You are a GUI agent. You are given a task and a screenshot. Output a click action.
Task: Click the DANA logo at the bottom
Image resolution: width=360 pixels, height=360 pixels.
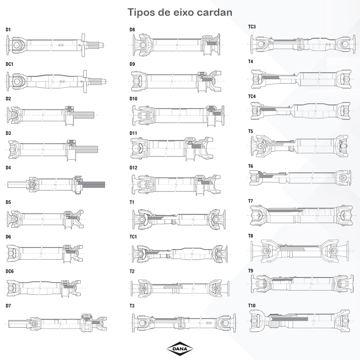click(x=180, y=348)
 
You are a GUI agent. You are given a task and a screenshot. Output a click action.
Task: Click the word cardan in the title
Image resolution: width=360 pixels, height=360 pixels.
click(x=215, y=12)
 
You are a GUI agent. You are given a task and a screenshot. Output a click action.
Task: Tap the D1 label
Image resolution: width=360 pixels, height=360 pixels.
click(x=8, y=30)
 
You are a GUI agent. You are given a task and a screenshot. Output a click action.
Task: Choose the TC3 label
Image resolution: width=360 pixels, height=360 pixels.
click(x=252, y=27)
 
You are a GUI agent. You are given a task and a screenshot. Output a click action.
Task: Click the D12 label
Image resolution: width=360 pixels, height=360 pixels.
click(x=134, y=168)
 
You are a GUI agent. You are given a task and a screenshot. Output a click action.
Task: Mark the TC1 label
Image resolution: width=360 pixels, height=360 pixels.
click(x=133, y=237)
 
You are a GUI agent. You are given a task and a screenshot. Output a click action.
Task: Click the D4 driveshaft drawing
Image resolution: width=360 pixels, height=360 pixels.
click(x=56, y=184)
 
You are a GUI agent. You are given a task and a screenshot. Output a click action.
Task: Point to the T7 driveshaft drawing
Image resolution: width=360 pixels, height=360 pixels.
click(x=299, y=215)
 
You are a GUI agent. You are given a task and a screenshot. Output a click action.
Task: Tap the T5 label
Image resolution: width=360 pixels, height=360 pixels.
click(x=251, y=131)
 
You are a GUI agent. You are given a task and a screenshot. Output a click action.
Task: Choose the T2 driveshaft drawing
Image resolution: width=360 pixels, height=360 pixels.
click(x=180, y=287)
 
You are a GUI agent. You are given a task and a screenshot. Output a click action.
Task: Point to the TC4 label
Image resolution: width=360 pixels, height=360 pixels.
click(x=252, y=96)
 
